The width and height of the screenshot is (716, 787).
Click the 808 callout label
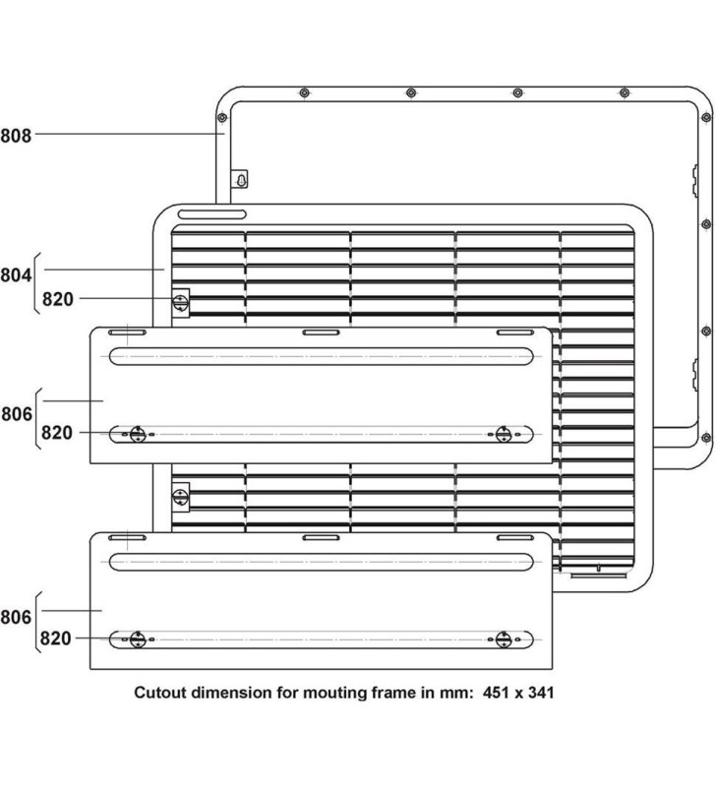[16, 135]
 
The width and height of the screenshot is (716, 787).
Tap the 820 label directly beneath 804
[58, 299]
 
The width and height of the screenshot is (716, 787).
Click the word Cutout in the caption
[160, 693]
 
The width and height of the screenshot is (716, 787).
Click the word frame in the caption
[390, 693]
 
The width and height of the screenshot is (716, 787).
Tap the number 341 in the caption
[539, 693]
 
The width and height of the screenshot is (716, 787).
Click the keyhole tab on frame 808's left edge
[239, 180]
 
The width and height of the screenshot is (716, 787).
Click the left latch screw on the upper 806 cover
[138, 433]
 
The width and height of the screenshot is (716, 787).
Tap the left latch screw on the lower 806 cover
[138, 638]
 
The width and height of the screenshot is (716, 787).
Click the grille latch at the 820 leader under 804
[181, 300]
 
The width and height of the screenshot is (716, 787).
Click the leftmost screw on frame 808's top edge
[304, 93]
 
